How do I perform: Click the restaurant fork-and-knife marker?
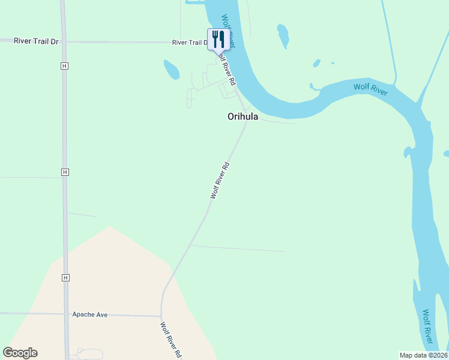coord(218,40)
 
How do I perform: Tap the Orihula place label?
coord(243,117)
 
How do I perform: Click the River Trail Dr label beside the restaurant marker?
coord(189,43)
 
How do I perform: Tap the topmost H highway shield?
coord(64,66)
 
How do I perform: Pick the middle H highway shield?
coord(65,172)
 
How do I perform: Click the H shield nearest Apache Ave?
coord(65,277)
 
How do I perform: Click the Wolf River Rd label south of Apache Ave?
coord(171,340)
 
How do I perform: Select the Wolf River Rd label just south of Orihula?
coord(220,180)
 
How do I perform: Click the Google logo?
coord(20,353)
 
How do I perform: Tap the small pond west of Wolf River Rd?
coord(172,70)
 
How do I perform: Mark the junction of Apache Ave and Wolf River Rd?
coord(161,316)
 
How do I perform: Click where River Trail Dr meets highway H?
coord(64,42)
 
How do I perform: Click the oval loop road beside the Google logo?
coord(87,353)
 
